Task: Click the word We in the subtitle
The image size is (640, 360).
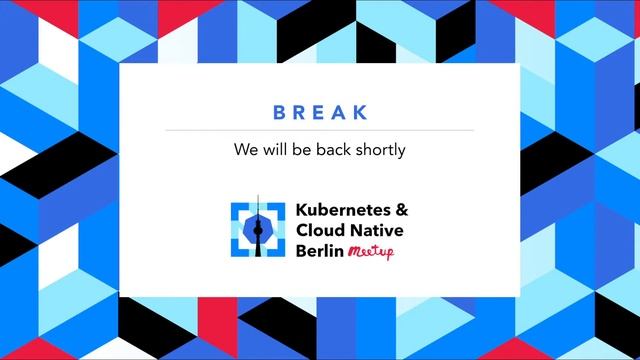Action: pos(244,151)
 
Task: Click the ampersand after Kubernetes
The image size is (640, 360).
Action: pos(401,211)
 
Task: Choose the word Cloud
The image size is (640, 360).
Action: pos(319,230)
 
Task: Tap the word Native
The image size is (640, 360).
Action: pos(376,230)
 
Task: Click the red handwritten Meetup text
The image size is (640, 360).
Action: pos(371,252)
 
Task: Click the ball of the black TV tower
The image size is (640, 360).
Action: pos(257,224)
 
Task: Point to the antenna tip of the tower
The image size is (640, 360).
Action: pos(257,197)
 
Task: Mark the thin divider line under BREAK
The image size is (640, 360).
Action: pos(320,130)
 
